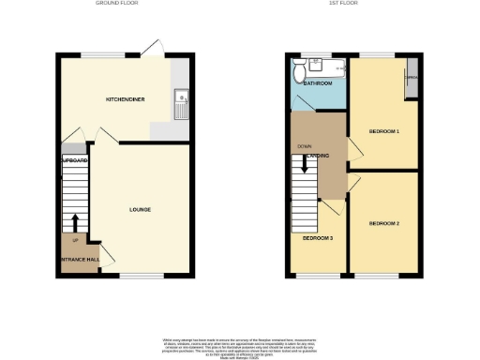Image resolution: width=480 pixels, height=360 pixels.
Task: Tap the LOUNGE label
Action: click(x=140, y=209)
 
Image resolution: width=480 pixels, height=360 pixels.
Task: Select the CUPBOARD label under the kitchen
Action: click(x=74, y=162)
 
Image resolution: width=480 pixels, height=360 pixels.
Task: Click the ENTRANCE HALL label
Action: click(x=80, y=259)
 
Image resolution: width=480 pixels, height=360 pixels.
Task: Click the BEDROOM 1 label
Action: click(x=384, y=131)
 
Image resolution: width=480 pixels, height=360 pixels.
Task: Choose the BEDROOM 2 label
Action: click(x=384, y=223)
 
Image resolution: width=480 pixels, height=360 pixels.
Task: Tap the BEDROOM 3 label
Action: click(x=317, y=238)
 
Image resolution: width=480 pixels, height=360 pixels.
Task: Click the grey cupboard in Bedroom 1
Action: click(x=411, y=79)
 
